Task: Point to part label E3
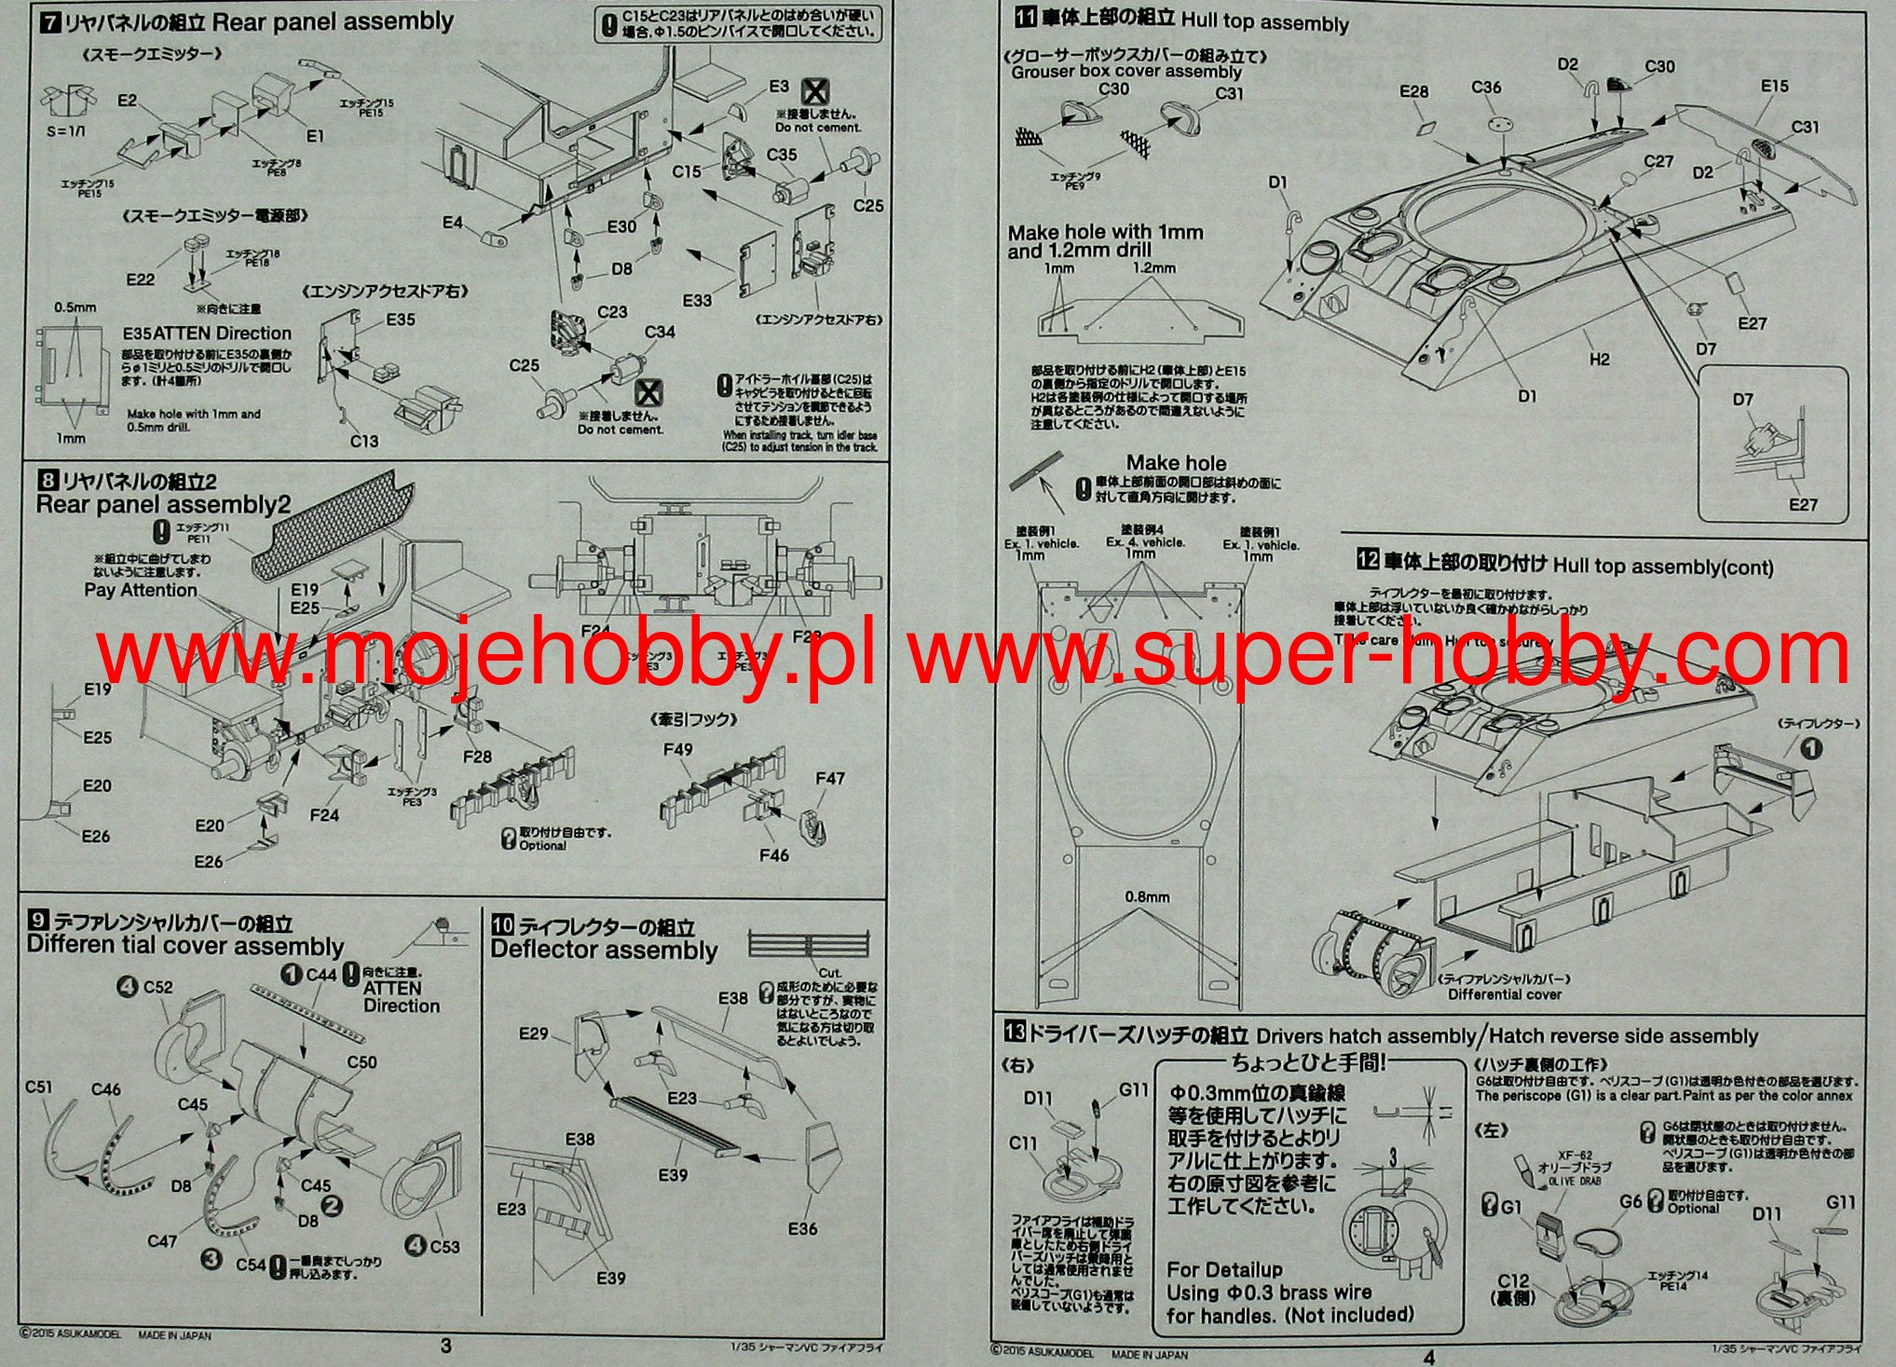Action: point(779,87)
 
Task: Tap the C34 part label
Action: point(660,332)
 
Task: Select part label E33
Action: point(697,300)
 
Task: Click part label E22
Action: point(140,280)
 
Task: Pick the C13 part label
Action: point(364,441)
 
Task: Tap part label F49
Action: point(678,749)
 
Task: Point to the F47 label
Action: point(829,778)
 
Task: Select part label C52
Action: point(157,987)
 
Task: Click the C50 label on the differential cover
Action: point(361,1062)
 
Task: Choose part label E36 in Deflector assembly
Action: point(802,1229)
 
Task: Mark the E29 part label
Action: point(534,1033)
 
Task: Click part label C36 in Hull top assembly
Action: point(1486,87)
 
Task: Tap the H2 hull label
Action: point(1599,360)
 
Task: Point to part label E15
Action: point(1775,86)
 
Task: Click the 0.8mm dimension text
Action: point(1147,897)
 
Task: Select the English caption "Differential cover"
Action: point(1505,994)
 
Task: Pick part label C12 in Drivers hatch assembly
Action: point(1514,1281)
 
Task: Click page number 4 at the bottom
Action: point(1429,1358)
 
